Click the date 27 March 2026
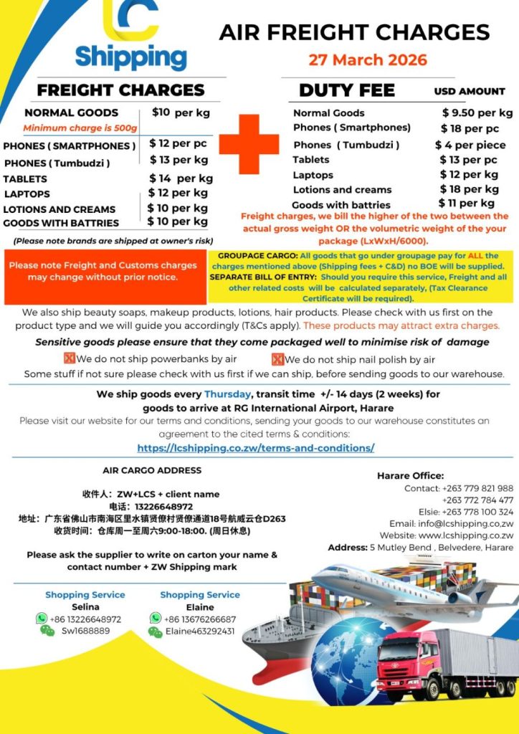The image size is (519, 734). pyautogui.click(x=368, y=59)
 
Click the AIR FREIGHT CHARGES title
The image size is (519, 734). pyautogui.click(x=354, y=32)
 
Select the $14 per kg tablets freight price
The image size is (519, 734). pyautogui.click(x=181, y=178)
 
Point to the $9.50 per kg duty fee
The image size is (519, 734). pyautogui.click(x=477, y=113)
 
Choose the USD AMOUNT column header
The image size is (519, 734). pyautogui.click(x=470, y=92)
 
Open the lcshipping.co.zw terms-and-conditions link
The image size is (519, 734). pyautogui.click(x=255, y=448)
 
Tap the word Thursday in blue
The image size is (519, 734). pyautogui.click(x=227, y=394)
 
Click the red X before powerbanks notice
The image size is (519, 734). pyautogui.click(x=70, y=359)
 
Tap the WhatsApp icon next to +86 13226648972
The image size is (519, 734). pyautogui.click(x=42, y=619)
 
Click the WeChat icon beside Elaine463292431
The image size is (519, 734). pyautogui.click(x=155, y=631)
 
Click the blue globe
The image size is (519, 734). pyautogui.click(x=329, y=654)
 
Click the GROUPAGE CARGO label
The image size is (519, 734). pyautogui.click(x=256, y=255)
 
